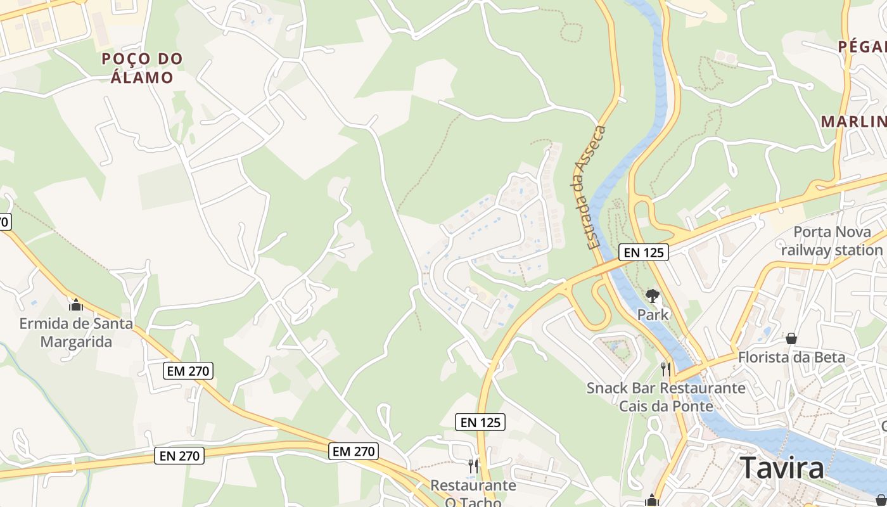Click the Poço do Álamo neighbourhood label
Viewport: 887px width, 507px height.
[x=142, y=68]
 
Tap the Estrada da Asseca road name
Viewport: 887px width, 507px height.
[x=589, y=187]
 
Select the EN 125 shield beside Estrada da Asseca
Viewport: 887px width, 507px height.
[x=643, y=252]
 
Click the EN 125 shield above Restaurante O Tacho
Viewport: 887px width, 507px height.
[x=480, y=422]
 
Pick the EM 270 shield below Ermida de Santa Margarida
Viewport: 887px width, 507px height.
[x=188, y=371]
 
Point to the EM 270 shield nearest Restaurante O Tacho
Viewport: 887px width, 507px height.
[x=354, y=451]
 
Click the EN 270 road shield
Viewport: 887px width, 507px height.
[x=179, y=455]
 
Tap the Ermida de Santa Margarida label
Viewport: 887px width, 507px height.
[x=76, y=333]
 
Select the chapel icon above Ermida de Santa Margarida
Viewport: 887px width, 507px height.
[x=76, y=305]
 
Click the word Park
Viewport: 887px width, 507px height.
[x=653, y=314]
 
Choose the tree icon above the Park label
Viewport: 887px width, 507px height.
[x=652, y=295]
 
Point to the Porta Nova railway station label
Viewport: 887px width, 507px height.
[x=831, y=241]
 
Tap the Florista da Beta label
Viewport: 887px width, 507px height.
[x=791, y=357]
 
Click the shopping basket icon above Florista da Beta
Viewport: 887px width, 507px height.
[x=791, y=338]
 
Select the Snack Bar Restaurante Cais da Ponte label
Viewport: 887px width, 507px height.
[x=665, y=397]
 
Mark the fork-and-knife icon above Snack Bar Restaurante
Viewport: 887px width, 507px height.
[x=665, y=369]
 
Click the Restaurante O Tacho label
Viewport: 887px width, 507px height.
[x=473, y=494]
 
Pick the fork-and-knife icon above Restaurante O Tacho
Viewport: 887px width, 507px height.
[x=473, y=466]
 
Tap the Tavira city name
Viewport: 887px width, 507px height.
[x=782, y=468]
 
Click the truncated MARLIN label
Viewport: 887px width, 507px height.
[x=853, y=122]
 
